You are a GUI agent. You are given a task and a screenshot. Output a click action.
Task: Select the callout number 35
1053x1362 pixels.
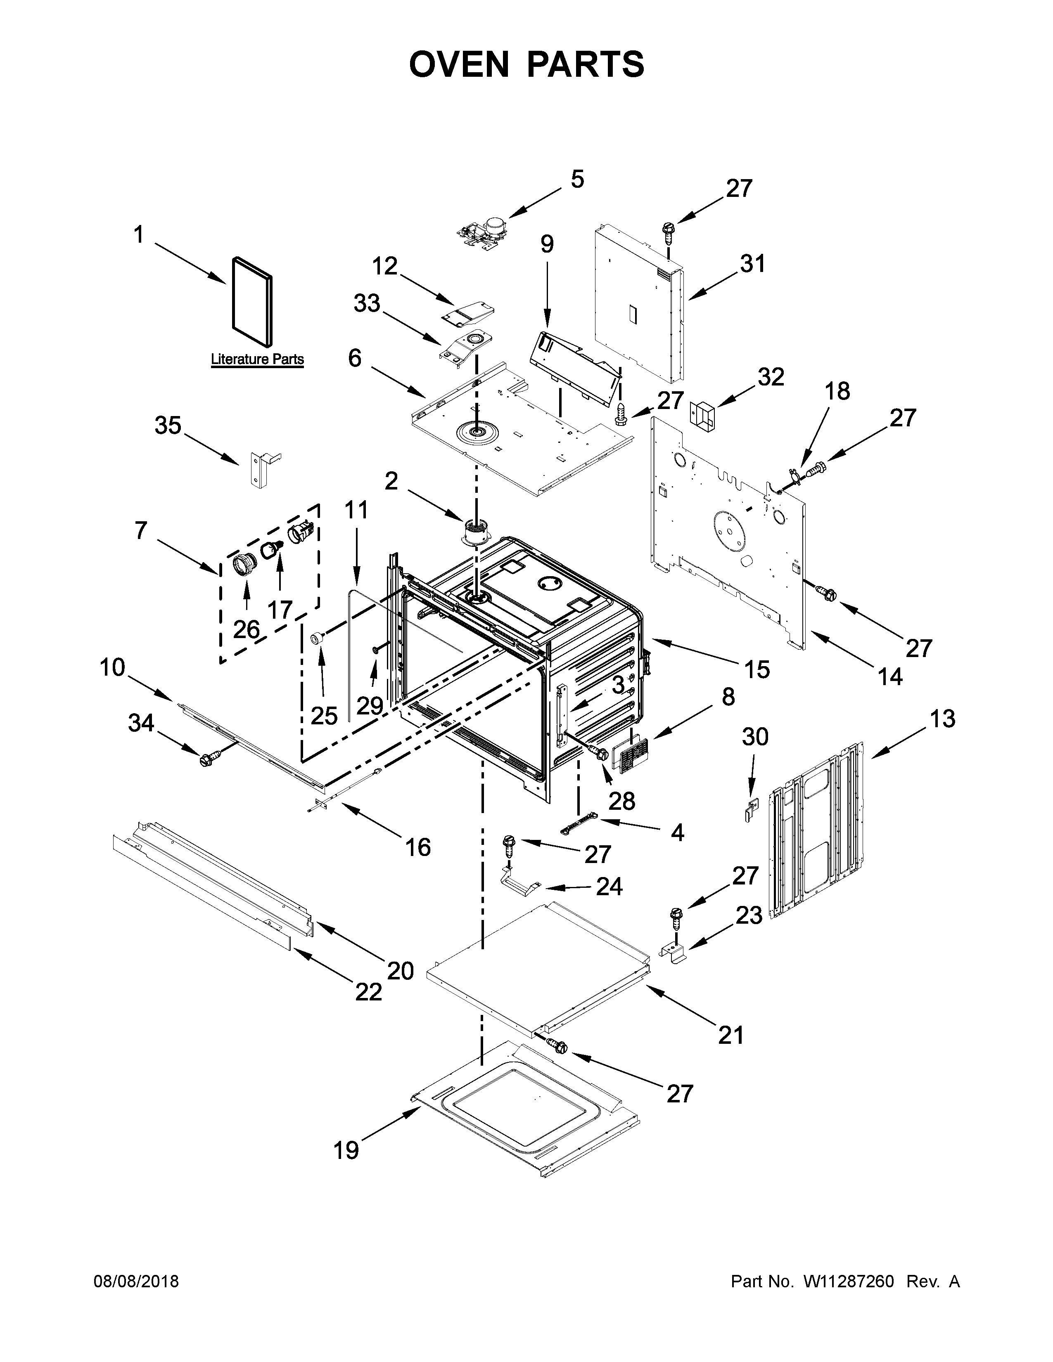(168, 426)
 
